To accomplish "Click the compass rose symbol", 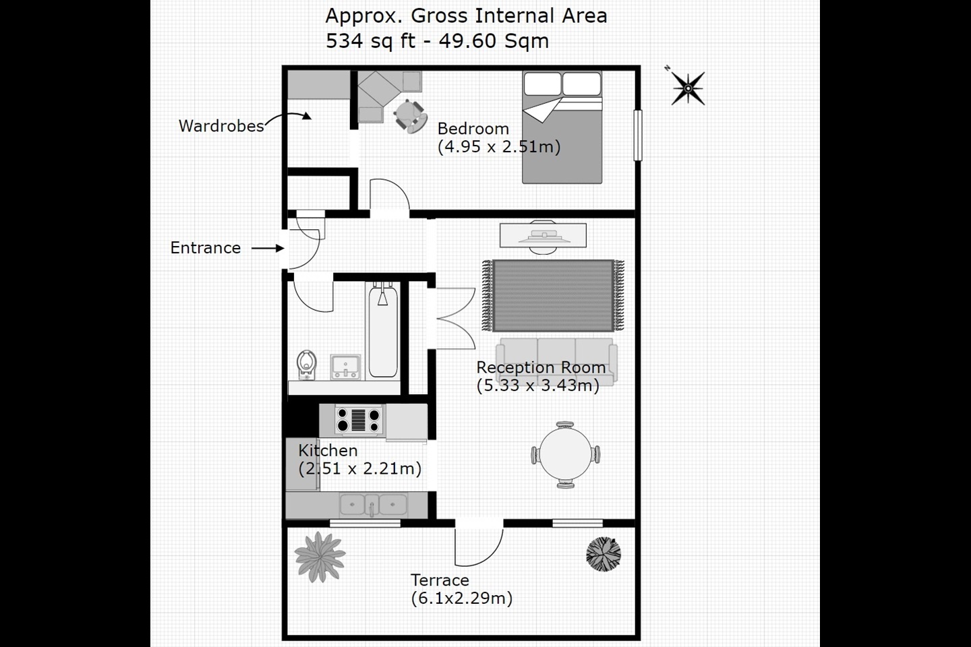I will tap(687, 88).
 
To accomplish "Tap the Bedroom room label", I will tap(473, 129).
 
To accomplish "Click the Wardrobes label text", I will tap(221, 126).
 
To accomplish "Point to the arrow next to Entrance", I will tap(268, 248).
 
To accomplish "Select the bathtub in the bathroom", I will tap(382, 330).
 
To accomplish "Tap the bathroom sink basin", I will tap(345, 367).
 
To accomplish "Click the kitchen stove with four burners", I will tap(359, 420).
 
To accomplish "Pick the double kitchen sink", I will tap(373, 504).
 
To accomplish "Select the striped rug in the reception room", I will tap(553, 295).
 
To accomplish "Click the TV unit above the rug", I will tap(543, 236).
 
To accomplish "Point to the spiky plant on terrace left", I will tap(320, 556).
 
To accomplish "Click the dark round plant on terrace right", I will tap(603, 553).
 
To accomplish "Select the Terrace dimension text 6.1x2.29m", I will tap(462, 598).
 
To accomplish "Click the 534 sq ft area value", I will tap(370, 41).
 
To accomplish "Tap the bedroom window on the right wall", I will tap(637, 135).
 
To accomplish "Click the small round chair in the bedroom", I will tap(409, 115).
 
